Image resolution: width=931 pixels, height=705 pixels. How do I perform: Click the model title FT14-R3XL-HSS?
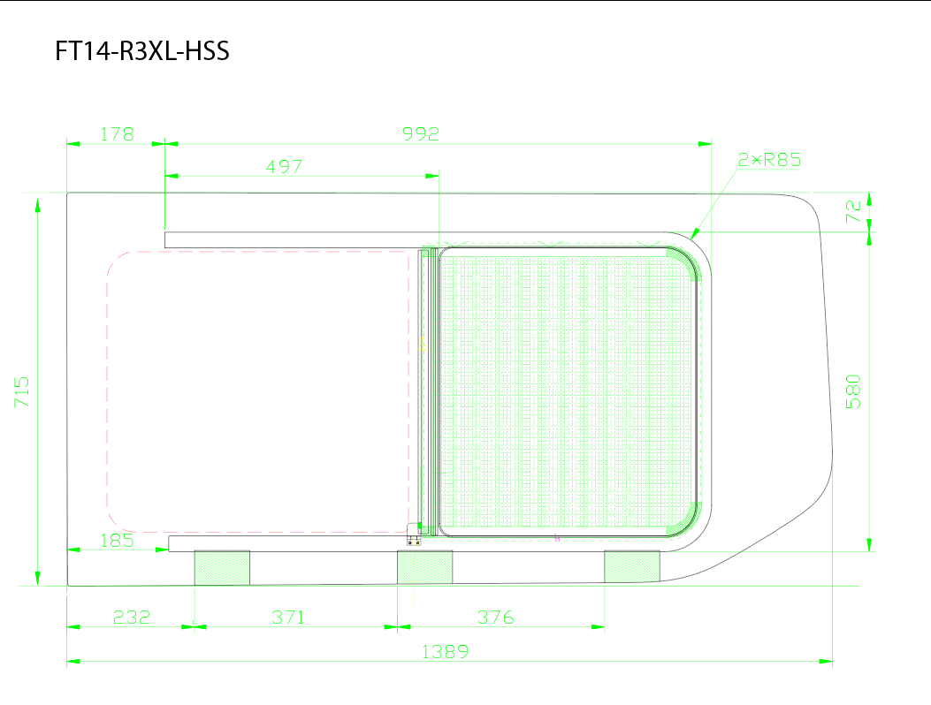coord(142,51)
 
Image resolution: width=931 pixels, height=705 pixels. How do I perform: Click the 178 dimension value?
coord(117,134)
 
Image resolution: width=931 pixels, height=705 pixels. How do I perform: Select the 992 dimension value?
coord(420,134)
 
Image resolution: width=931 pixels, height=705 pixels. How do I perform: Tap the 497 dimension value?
coord(284,167)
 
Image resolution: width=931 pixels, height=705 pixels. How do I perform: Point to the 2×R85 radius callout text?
coord(769,160)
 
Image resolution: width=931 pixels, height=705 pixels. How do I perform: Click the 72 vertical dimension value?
coord(853,211)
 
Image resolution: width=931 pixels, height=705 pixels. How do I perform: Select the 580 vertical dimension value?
coord(853,391)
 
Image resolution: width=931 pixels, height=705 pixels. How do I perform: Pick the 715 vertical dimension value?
coord(21,391)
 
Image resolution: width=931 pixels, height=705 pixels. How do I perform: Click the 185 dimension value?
coord(117,541)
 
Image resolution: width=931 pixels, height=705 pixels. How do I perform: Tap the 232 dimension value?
coord(131,618)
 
